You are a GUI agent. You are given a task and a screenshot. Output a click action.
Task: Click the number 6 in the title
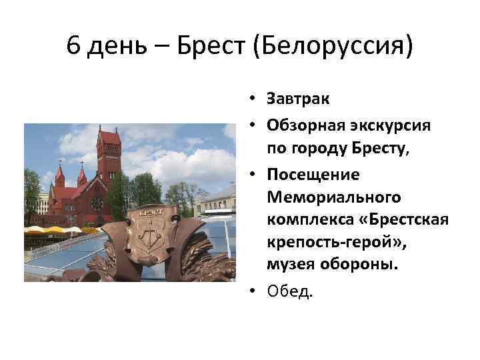coord(75,47)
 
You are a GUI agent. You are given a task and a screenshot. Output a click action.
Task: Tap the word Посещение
coord(313,174)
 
